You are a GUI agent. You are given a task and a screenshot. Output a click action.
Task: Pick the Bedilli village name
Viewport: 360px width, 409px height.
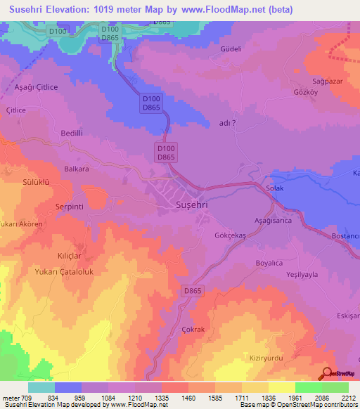(x=72, y=133)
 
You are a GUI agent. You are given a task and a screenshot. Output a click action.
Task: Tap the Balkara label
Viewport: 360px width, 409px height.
(x=77, y=169)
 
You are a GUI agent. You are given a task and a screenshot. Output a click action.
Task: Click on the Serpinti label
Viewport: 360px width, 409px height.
(x=70, y=207)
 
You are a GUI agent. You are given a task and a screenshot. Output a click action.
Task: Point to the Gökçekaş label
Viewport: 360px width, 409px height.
(x=230, y=236)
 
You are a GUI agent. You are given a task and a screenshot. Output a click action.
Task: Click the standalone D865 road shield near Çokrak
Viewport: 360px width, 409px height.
(x=192, y=290)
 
